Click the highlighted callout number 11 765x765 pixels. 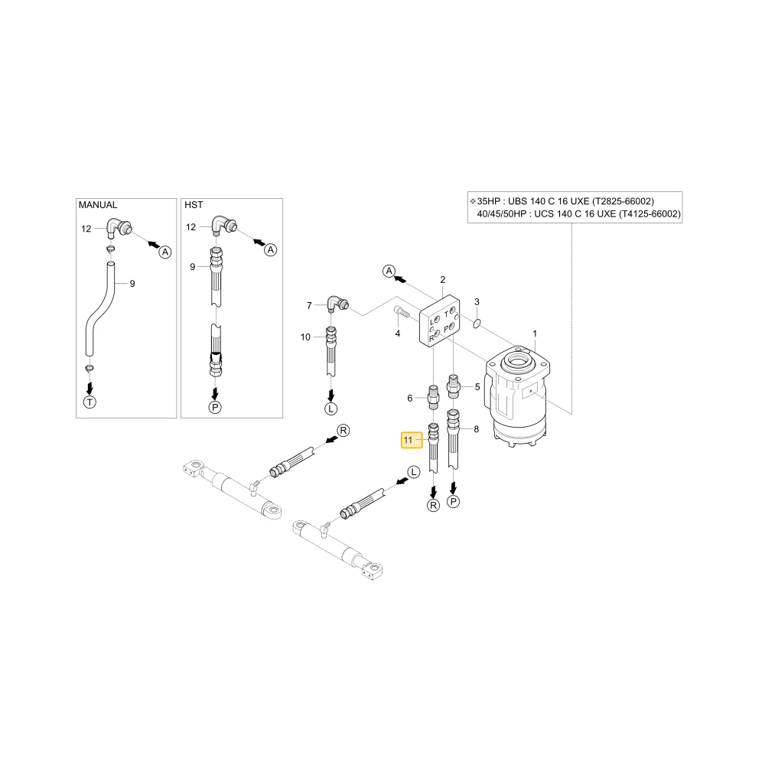tap(408, 440)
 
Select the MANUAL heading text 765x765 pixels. tap(98, 205)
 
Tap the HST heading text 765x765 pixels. tap(194, 205)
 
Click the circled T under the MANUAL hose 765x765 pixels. tap(90, 402)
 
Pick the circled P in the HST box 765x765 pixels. tap(215, 408)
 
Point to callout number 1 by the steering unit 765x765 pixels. tap(535, 334)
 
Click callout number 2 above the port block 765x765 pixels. tap(442, 279)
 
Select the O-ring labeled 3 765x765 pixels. tap(477, 323)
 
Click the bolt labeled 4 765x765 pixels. tap(399, 312)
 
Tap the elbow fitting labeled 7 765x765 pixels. tap(337, 303)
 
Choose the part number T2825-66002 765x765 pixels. tap(623, 201)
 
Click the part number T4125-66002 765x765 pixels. tap(649, 213)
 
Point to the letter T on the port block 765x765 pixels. tap(446, 314)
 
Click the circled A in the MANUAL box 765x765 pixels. tap(165, 252)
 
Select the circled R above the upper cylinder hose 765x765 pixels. tap(343, 430)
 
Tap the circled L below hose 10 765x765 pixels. tap(331, 409)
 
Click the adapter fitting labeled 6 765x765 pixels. tap(433, 396)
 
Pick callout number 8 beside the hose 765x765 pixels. tap(476, 429)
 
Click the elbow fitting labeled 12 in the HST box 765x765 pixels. tap(224, 225)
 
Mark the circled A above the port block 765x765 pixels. tap(389, 272)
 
